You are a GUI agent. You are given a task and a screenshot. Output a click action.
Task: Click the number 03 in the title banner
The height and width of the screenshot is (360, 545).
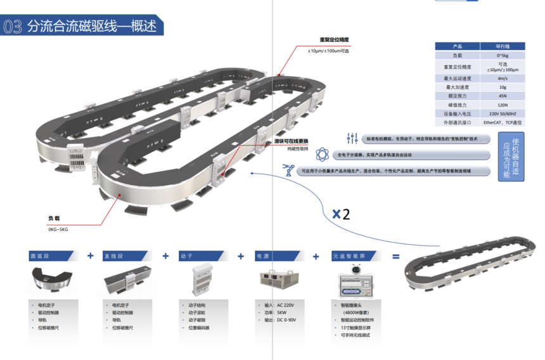click(x=13, y=27)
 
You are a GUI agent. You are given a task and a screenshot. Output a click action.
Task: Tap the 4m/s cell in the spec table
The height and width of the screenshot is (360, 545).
click(x=502, y=79)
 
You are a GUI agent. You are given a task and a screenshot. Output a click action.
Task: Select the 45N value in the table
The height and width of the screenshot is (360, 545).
click(x=502, y=96)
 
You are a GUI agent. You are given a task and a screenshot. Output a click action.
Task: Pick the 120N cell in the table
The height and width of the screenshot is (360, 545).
click(x=502, y=105)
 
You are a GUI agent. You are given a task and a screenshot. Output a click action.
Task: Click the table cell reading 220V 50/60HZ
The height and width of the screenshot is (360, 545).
click(x=502, y=113)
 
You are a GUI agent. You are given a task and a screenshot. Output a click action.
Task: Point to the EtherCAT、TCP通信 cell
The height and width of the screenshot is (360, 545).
click(x=502, y=122)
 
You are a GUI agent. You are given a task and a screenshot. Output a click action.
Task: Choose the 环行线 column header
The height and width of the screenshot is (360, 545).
click(x=502, y=46)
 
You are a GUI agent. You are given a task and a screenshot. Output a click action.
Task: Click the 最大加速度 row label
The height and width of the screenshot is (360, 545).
click(x=457, y=87)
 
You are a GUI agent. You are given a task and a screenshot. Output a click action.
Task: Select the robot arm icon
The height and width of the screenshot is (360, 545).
click(x=289, y=170)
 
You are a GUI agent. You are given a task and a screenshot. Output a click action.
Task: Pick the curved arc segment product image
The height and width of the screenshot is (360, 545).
click(x=54, y=280)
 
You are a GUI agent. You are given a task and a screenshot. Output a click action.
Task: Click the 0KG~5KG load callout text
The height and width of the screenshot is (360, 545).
click(x=58, y=229)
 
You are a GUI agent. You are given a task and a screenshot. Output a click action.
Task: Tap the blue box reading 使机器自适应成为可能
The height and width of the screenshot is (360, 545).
click(x=510, y=157)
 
